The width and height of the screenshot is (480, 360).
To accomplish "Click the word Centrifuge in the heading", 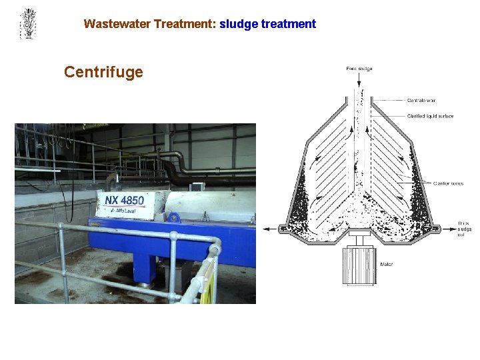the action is (x=103, y=72).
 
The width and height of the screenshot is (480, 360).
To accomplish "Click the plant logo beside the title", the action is (x=28, y=24).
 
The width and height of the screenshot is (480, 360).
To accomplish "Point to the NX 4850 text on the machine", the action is (x=124, y=199).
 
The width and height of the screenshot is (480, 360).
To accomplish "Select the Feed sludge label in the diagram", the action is (x=359, y=68).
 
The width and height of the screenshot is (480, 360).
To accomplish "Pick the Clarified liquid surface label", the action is (x=430, y=116).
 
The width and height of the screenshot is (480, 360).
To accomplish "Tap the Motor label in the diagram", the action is (x=386, y=265).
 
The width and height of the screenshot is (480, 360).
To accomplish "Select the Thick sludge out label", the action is (x=465, y=229).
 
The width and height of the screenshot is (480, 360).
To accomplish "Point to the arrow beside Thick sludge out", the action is (x=447, y=229).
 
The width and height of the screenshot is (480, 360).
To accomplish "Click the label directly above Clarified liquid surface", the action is (x=421, y=101).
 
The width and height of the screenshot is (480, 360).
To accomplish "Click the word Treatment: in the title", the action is (x=185, y=24).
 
